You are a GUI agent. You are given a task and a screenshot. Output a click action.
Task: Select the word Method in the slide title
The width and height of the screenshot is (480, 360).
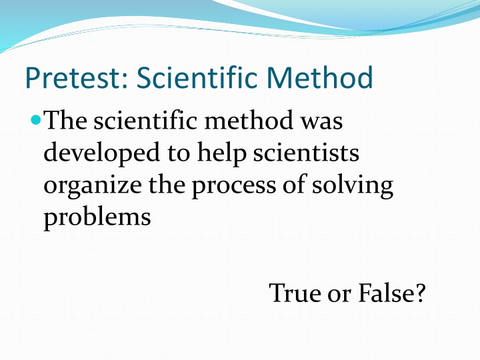click(321, 79)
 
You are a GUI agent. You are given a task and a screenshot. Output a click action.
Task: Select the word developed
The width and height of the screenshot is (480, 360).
click(99, 153)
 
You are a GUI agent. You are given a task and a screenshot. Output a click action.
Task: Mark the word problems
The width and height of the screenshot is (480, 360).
click(97, 218)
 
